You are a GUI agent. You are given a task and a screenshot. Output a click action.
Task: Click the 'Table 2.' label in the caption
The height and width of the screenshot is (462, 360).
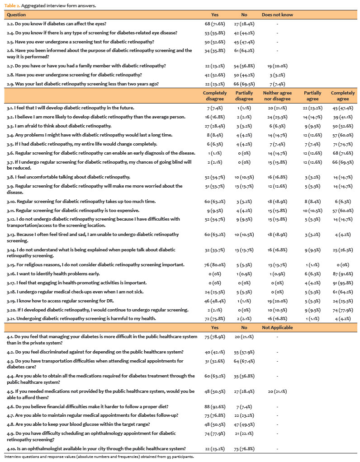13,5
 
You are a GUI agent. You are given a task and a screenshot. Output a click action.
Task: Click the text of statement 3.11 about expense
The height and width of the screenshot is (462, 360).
66,210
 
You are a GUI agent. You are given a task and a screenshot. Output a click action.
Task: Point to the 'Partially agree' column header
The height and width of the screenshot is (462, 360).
312,96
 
